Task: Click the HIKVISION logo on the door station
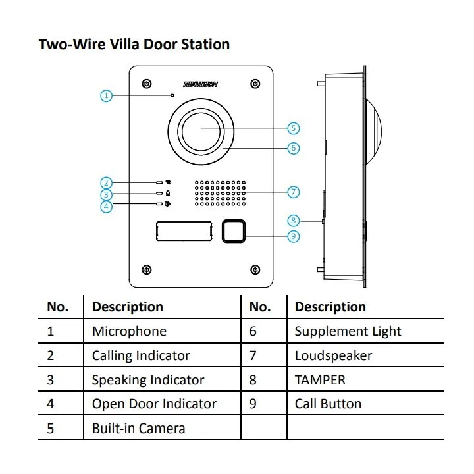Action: pyautogui.click(x=200, y=84)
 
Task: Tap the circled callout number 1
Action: pyautogui.click(x=107, y=95)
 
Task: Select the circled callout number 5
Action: pyautogui.click(x=294, y=128)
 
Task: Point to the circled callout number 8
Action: pyautogui.click(x=294, y=221)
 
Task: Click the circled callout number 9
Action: pyautogui.click(x=294, y=236)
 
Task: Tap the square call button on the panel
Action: pyautogui.click(x=234, y=230)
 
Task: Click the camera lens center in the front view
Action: pyautogui.click(x=201, y=128)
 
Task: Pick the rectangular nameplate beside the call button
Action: pyautogui.click(x=184, y=231)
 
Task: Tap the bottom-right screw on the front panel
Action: pyautogui.click(x=255, y=269)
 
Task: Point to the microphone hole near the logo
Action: pyautogui.click(x=173, y=95)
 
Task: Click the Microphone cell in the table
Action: pyautogui.click(x=129, y=331)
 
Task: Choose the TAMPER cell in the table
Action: pyautogui.click(x=320, y=380)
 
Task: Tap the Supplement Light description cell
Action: pyautogui.click(x=348, y=331)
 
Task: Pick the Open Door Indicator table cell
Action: pyautogui.click(x=154, y=404)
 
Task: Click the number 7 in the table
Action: pyautogui.click(x=253, y=355)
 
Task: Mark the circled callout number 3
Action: pyautogui.click(x=107, y=195)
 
